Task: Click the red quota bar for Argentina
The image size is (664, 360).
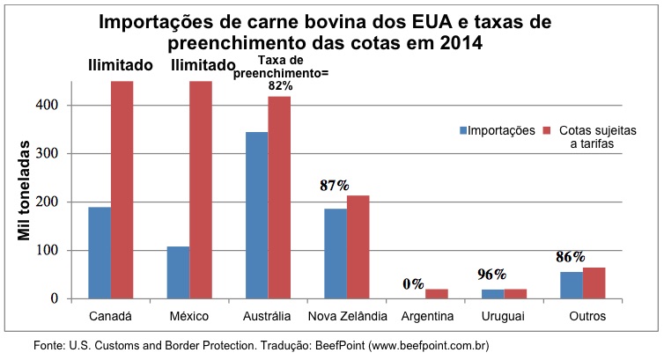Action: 436,294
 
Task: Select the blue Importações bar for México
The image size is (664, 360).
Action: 177,272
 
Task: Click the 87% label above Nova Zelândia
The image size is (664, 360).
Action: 335,185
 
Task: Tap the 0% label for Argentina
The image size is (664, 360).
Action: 414,284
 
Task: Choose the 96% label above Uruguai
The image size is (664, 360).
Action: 491,274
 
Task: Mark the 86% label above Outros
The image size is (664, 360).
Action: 570,258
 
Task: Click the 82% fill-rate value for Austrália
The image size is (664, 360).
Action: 280,86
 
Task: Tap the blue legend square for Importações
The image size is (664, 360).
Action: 462,130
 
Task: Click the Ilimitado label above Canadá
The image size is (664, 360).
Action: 121,65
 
